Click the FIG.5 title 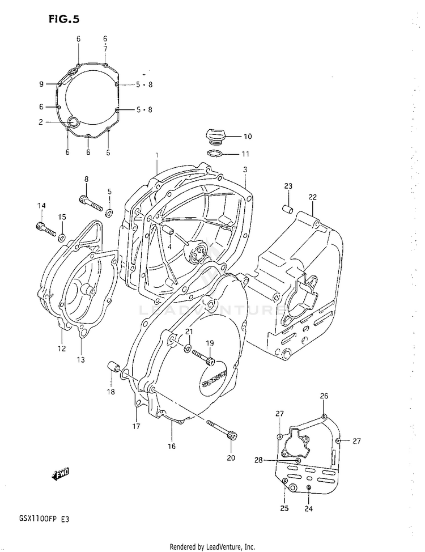click(x=63, y=18)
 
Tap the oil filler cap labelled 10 click(x=214, y=137)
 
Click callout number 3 click(x=245, y=169)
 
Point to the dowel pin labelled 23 click(x=287, y=209)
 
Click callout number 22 click(x=312, y=197)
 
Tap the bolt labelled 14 click(x=44, y=228)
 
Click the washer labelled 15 click(x=62, y=235)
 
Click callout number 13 click(x=80, y=359)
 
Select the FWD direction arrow click(x=61, y=474)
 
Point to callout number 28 click(x=258, y=461)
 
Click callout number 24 click(x=308, y=508)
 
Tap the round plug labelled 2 click(x=73, y=120)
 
